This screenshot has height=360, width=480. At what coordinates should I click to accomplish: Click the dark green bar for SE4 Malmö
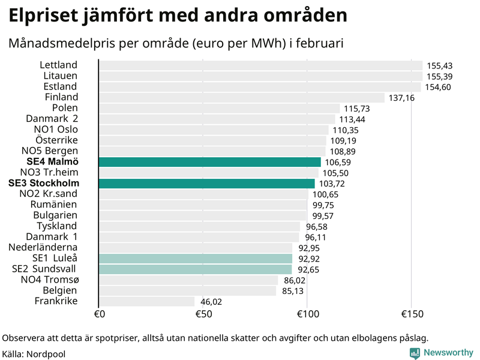(x=210, y=162)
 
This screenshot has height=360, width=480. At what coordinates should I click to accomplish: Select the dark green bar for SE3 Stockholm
(x=207, y=184)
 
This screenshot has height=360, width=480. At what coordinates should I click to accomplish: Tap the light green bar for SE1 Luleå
(x=196, y=259)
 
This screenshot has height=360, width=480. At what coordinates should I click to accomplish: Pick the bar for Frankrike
(x=147, y=301)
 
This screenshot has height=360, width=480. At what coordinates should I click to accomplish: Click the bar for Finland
(x=241, y=98)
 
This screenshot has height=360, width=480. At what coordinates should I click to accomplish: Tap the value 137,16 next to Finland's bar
(x=401, y=98)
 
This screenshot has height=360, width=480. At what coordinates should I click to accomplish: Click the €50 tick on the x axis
(x=203, y=314)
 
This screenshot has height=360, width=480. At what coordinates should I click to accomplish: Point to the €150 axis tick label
(x=412, y=314)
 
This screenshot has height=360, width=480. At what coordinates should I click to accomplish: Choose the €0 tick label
(x=100, y=314)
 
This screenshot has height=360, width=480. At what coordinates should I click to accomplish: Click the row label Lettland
(x=59, y=65)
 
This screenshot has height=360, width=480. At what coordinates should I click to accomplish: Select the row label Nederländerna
(x=43, y=247)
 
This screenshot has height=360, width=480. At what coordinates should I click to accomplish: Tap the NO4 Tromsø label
(x=49, y=280)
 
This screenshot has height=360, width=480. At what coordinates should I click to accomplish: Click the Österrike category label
(x=56, y=140)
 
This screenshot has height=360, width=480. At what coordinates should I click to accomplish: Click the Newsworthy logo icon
(x=415, y=353)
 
